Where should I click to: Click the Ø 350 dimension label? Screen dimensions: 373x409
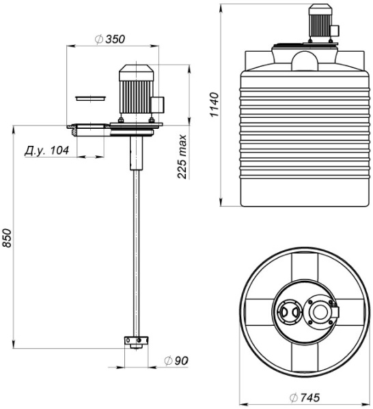[110, 39]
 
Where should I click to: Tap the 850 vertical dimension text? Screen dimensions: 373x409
[7, 238]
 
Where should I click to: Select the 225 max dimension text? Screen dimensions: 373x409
[182, 156]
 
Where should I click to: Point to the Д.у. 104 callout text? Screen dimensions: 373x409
[46, 151]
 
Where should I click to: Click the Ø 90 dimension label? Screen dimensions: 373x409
[176, 361]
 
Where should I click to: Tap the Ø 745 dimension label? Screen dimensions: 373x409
[305, 397]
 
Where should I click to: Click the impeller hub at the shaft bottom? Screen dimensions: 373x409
[136, 342]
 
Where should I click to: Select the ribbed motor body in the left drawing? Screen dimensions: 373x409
[136, 97]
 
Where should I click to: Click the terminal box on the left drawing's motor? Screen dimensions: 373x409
[158, 104]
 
